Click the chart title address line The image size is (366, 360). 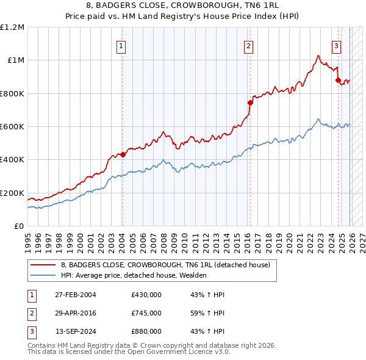pos(182,5)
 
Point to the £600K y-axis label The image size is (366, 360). pos(12,127)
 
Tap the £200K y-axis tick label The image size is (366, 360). pos(12,193)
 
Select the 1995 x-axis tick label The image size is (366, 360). pos(28,238)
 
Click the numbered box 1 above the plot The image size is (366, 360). pos(122,45)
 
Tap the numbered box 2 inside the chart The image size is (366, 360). pos(249,45)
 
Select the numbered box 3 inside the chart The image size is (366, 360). pos(336,45)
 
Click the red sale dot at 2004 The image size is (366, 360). pos(123,154)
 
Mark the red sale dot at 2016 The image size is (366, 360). pos(249,103)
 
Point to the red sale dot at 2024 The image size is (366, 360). pos(337,80)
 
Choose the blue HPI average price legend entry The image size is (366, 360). pos(134,275)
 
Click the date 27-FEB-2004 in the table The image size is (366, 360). pos(75,295)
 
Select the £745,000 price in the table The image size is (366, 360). pos(146,313)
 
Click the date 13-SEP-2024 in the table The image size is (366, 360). pos(75,331)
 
